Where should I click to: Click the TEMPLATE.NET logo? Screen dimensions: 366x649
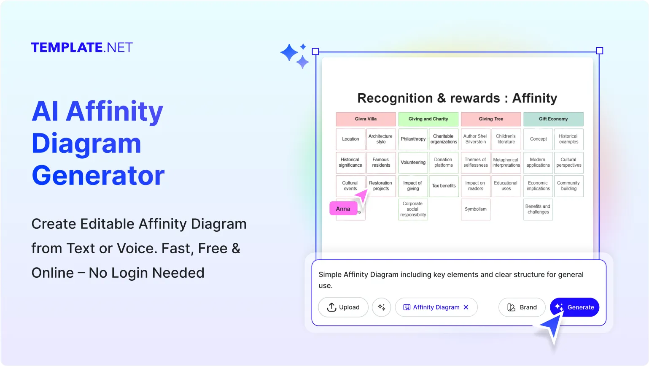pos(82,47)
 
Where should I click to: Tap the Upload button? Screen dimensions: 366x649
pos(343,307)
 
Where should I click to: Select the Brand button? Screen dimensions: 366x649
pos(522,307)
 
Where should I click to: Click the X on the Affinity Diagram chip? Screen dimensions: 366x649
pos(466,307)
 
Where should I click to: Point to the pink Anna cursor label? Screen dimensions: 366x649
pos(343,209)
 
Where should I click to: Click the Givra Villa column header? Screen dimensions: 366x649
pos(366,119)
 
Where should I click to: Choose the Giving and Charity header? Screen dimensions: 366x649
pos(428,119)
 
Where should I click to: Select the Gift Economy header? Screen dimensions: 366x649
pos(553,119)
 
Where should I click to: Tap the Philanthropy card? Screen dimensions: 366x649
pos(413,139)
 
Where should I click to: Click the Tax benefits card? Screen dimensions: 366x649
pos(444,186)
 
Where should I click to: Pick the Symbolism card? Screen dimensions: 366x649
pos(475,209)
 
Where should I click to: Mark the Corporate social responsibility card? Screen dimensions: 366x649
pos(413,209)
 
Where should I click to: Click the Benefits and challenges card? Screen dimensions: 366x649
pos(538,209)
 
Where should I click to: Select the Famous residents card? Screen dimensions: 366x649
pos(381,163)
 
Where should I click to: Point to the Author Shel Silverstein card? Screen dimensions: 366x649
pos(475,139)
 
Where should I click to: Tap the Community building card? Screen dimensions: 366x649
pos(568,186)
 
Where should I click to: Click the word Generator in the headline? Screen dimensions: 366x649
pos(98,175)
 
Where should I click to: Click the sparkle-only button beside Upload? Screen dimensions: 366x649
pos(382,307)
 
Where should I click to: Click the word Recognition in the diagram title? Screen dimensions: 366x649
pos(395,98)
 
